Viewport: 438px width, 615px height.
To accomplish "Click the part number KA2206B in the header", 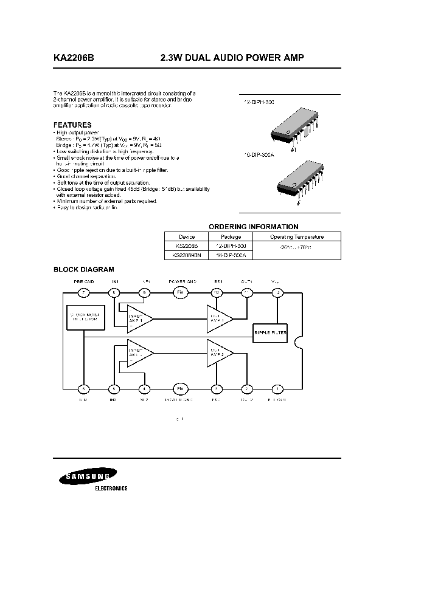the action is coord(74,58).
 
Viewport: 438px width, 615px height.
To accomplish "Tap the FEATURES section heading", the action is coord(72,125).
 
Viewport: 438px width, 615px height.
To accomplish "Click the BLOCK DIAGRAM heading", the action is coord(84,269).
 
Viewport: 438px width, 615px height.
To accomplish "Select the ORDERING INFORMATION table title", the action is coord(254,227).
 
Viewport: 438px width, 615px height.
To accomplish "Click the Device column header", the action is coord(187,237).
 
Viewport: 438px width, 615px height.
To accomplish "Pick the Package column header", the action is coord(231,237).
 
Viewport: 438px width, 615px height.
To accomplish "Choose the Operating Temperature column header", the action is coord(297,237).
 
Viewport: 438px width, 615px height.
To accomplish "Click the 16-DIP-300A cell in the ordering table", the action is coord(231,256).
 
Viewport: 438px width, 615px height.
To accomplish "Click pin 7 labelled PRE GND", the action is coord(85,293).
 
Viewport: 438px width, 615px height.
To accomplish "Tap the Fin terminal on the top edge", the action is coord(179,293).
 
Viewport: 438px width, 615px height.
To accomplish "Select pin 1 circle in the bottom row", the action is coord(278,389).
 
